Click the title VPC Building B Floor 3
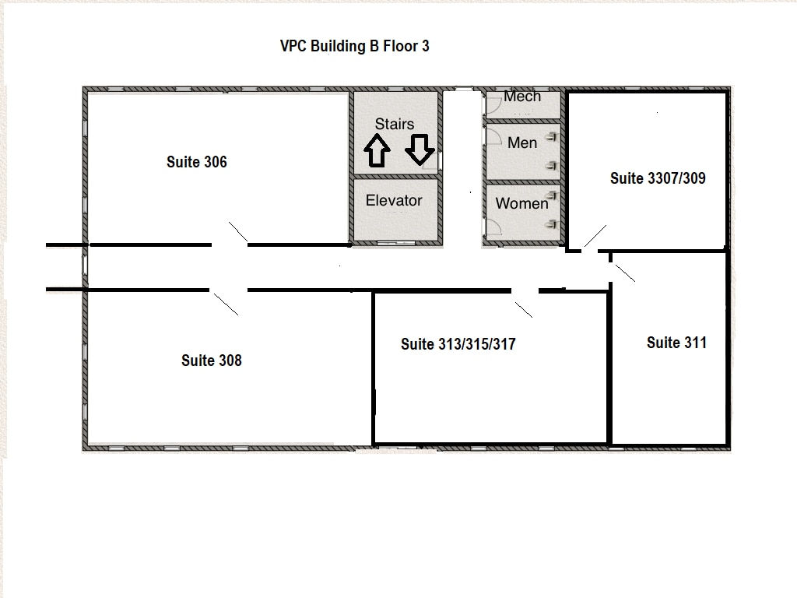click(x=355, y=46)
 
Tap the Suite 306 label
click(x=197, y=162)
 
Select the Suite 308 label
click(x=212, y=361)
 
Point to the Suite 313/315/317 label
click(x=458, y=344)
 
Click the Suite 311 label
click(x=676, y=343)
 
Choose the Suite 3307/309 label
click(x=658, y=178)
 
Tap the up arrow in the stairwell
click(x=377, y=151)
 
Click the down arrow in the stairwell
click(x=420, y=149)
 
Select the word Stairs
click(x=395, y=124)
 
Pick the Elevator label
click(x=394, y=200)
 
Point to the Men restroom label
click(x=522, y=143)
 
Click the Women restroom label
click(x=522, y=203)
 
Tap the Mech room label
click(x=522, y=97)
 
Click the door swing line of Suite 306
click(x=238, y=231)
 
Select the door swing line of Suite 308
click(x=226, y=304)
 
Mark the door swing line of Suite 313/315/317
click(x=524, y=310)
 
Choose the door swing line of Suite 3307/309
click(x=595, y=236)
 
